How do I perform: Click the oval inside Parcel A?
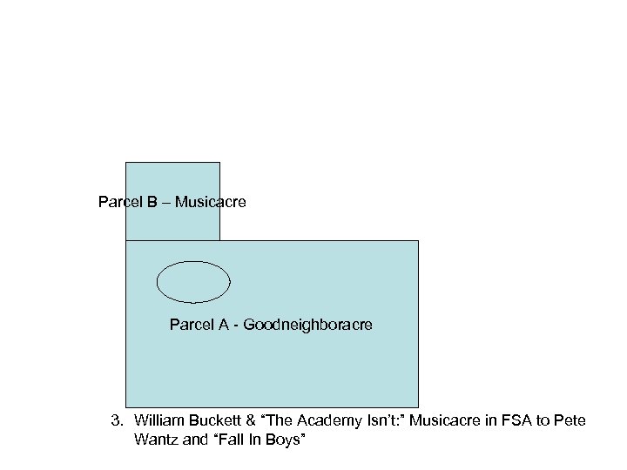coord(193,281)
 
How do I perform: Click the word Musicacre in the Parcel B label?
coord(210,202)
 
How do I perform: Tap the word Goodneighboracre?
coord(307,325)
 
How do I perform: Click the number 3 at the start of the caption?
coord(115,421)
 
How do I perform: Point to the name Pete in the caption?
coord(570,421)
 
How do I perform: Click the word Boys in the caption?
coord(284,440)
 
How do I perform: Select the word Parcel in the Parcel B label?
coord(118,202)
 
